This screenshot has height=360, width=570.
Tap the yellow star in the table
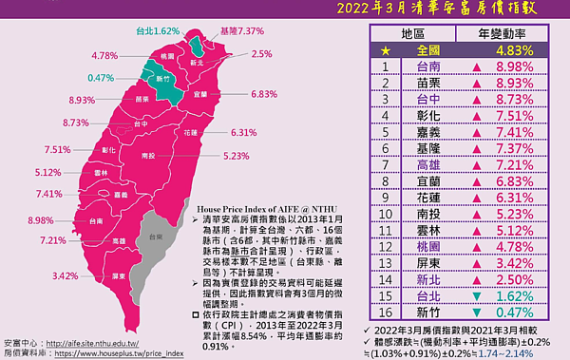click(358, 49)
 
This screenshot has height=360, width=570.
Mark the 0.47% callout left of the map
click(101, 77)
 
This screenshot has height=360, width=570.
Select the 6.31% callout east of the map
click(244, 133)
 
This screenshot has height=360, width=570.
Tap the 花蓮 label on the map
click(191, 132)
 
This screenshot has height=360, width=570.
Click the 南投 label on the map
click(148, 154)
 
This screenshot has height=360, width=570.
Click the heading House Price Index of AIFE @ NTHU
click(255, 206)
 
